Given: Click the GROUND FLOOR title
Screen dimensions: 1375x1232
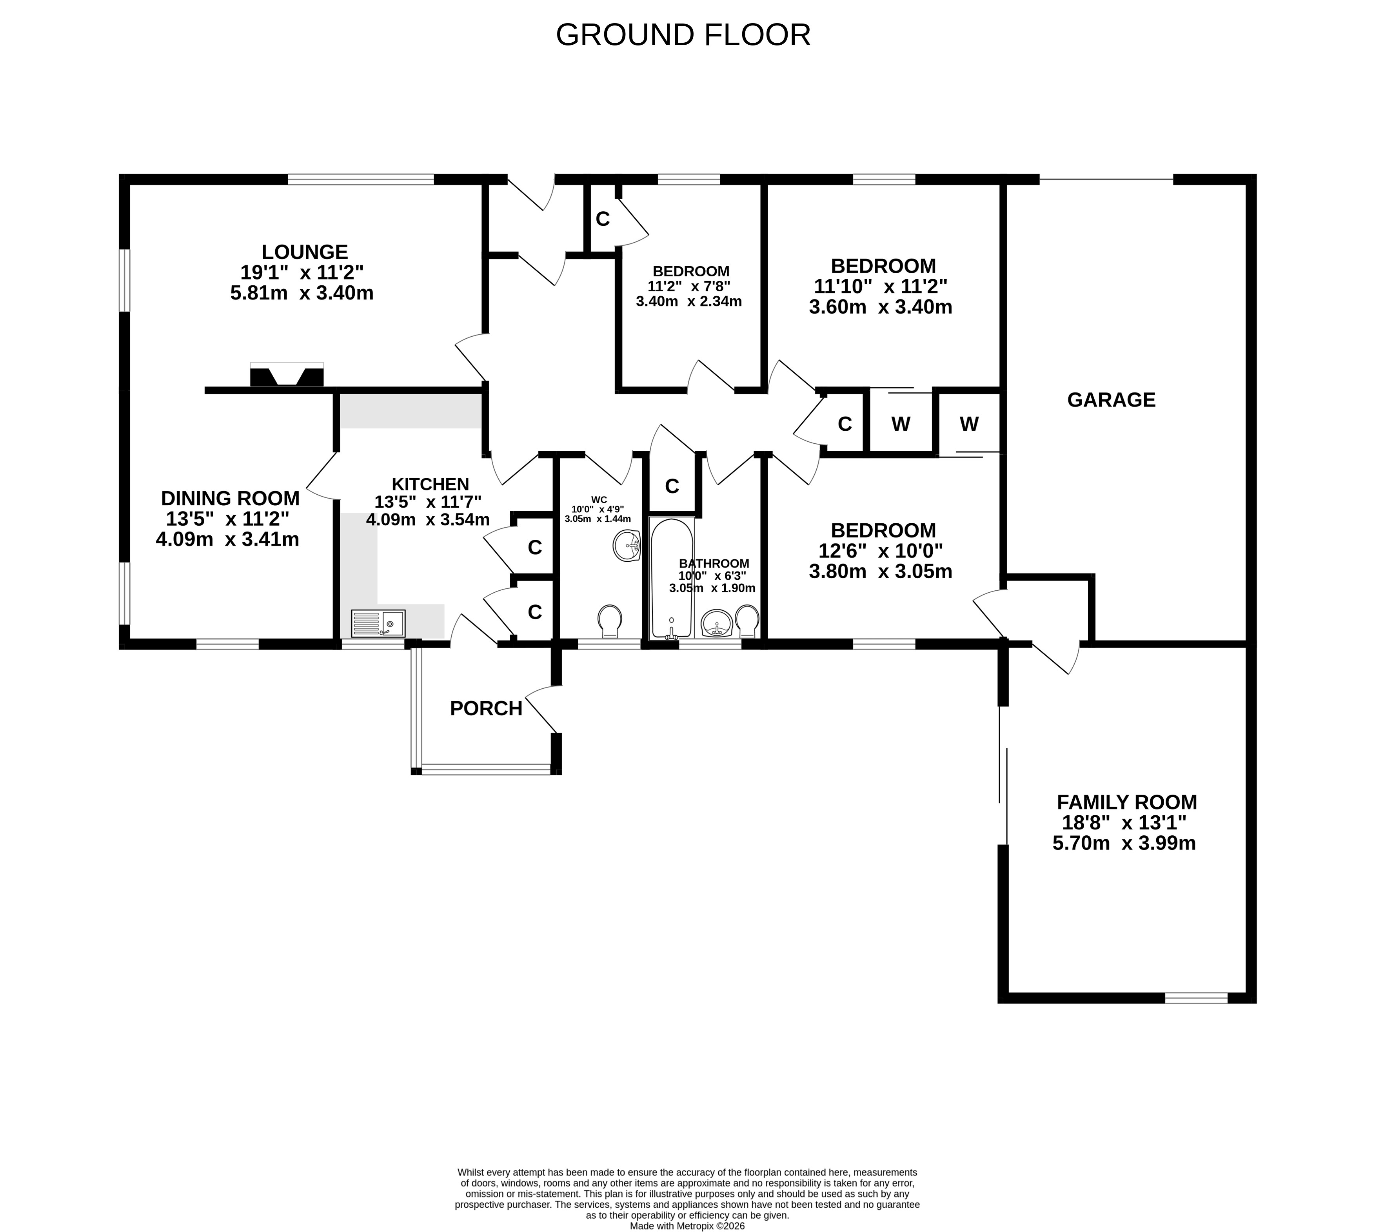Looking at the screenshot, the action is coord(683,35).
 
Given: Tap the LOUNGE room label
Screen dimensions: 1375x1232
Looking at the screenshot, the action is coord(305,252).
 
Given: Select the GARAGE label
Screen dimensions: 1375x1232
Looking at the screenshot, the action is coord(1111,400).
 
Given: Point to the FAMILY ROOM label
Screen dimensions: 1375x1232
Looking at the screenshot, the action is coord(1126,802).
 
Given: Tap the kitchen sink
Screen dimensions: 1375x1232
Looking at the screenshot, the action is coord(378,623).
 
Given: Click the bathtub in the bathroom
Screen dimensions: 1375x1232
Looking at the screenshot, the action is coord(672,579).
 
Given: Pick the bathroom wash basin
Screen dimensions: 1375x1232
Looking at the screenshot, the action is coord(716,623).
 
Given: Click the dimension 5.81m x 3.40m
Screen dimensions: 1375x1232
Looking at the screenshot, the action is coord(302,293).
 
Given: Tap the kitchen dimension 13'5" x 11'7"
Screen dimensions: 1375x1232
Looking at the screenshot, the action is coord(428,502).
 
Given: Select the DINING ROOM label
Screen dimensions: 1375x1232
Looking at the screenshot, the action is coord(230,498).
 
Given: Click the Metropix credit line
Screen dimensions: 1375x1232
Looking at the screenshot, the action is coord(687,1226).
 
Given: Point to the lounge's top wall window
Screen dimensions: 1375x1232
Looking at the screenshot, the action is coord(361,180).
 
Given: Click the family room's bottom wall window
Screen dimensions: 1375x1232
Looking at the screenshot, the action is coord(1196,998).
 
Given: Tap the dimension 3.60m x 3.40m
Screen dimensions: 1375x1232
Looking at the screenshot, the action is coord(880,307).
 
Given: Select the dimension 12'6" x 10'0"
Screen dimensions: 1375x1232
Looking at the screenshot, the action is coord(881,551).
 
